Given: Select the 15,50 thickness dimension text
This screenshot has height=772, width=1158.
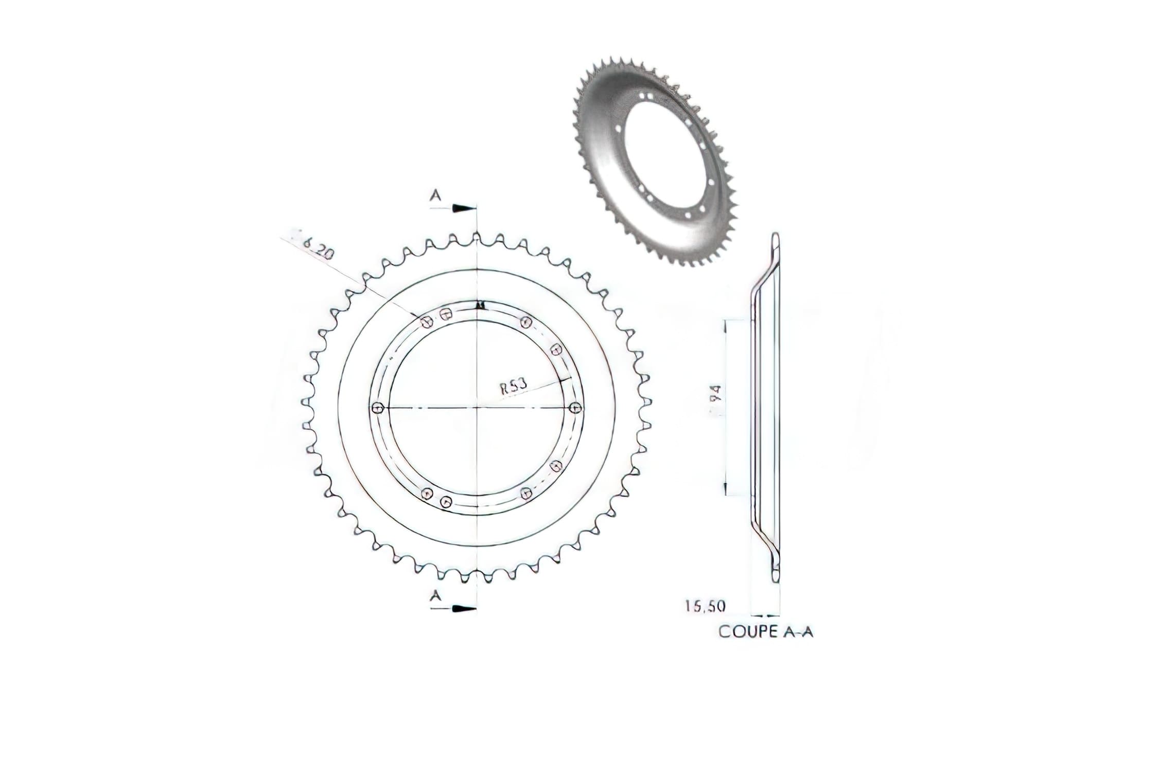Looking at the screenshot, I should [x=705, y=606].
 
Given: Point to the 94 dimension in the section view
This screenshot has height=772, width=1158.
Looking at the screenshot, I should [x=718, y=394].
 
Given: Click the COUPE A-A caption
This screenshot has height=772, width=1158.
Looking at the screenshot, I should [x=765, y=632].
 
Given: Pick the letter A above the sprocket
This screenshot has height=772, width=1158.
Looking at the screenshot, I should [x=436, y=196].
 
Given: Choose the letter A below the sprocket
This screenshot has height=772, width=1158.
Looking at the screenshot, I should [x=436, y=595].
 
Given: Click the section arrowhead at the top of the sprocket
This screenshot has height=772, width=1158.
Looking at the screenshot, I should [x=463, y=208].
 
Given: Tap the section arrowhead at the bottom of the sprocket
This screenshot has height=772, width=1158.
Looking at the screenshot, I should [x=463, y=609].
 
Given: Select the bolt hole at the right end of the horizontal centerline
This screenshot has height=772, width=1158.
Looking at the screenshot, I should [x=575, y=408].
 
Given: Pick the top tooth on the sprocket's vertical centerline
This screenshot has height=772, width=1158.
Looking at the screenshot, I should [x=477, y=237].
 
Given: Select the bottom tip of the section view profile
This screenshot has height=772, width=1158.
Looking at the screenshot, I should [x=776, y=580].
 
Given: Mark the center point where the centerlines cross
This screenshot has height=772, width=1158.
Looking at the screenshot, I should [x=478, y=408].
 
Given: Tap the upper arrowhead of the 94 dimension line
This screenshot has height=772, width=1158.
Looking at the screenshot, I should [x=726, y=324].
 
